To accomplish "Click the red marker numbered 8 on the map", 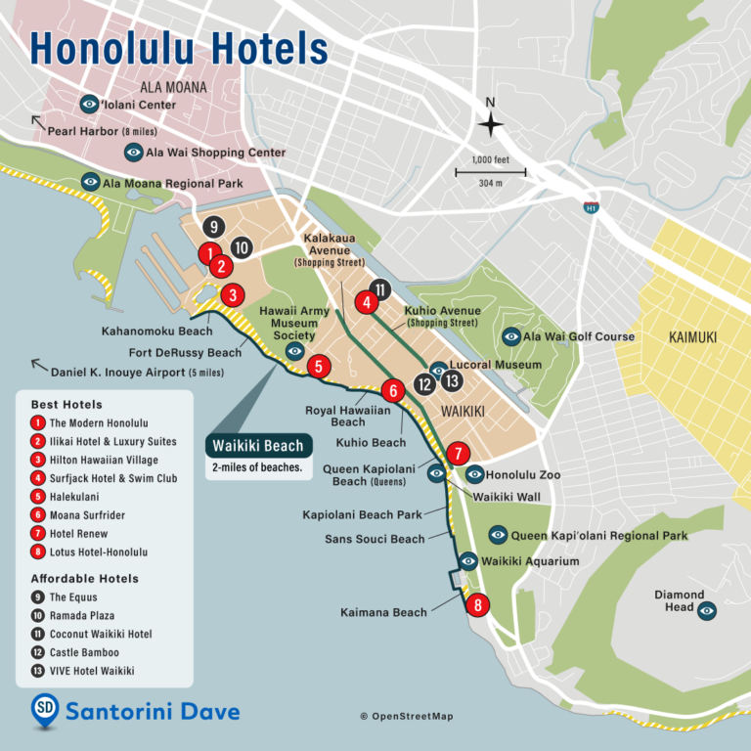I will [x=477, y=605].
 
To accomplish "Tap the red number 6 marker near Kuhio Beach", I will [x=392, y=390].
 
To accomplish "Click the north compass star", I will [x=491, y=124].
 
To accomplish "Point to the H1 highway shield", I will [x=591, y=207].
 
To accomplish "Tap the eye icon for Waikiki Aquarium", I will [x=468, y=561].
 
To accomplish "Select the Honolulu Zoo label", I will [x=523, y=475].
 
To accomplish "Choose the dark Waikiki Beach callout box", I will [x=258, y=446].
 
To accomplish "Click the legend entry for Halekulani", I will [x=75, y=497].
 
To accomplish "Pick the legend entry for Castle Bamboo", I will [x=84, y=652].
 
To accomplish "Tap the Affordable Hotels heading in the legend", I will [x=84, y=578].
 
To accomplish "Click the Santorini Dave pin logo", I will [x=44, y=710].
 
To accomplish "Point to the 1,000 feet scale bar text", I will [x=491, y=159].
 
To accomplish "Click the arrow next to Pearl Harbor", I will [x=37, y=121].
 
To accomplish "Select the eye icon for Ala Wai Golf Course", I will [x=510, y=336].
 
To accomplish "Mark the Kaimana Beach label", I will [x=383, y=612].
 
